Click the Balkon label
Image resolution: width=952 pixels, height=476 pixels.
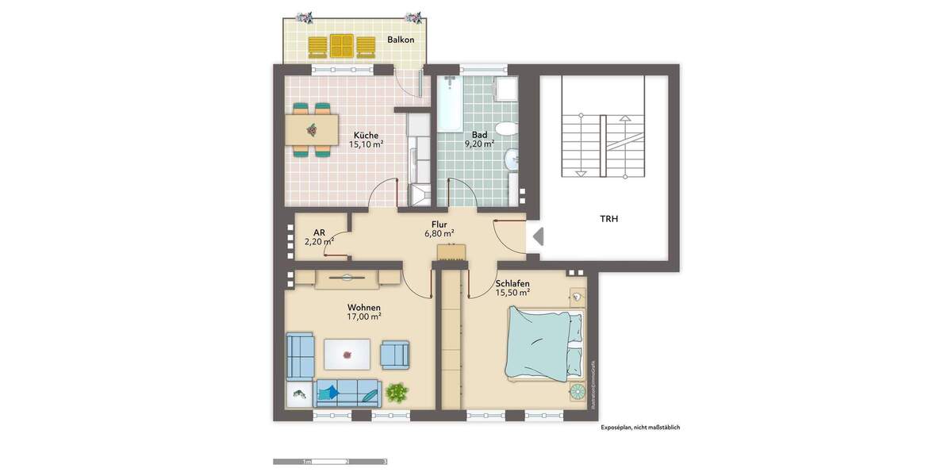click(x=401, y=40)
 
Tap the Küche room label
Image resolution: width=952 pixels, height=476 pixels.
click(x=367, y=135)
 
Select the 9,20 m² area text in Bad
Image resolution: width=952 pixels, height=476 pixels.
click(x=479, y=144)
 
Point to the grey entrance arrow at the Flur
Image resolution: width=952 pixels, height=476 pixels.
click(x=537, y=236)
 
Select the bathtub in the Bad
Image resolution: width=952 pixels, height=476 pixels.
click(x=450, y=104)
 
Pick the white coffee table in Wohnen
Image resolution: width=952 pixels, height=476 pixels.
click(x=347, y=352)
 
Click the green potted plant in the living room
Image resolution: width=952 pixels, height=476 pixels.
click(x=397, y=391)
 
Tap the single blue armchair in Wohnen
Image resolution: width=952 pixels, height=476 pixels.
click(x=395, y=353)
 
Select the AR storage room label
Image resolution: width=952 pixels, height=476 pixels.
click(x=319, y=232)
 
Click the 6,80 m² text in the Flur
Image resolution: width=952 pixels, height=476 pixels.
click(x=439, y=234)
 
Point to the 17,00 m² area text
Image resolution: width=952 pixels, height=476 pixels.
click(x=364, y=317)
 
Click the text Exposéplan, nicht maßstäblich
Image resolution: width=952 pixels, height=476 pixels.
click(x=639, y=428)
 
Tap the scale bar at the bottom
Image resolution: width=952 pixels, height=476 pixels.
click(x=329, y=461)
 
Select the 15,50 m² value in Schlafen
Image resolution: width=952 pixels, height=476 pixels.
click(x=512, y=293)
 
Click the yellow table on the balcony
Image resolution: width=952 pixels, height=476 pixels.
click(x=343, y=46)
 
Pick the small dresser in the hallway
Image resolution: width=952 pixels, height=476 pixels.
click(x=451, y=252)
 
